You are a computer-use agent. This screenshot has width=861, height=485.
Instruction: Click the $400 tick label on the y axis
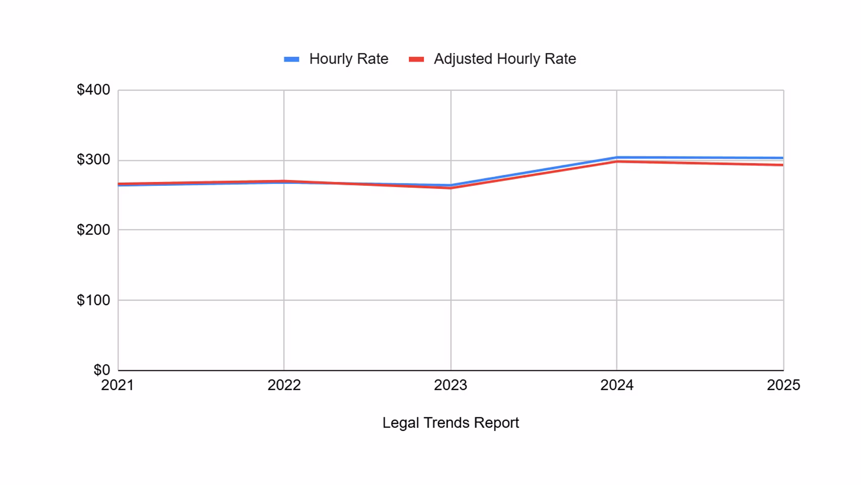pos(93,90)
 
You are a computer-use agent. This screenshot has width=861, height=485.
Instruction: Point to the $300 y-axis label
pos(93,160)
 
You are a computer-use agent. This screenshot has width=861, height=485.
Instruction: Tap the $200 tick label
pos(93,230)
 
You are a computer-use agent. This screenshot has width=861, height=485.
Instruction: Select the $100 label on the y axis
pos(93,300)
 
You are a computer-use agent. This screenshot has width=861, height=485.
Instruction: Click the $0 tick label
pos(101,370)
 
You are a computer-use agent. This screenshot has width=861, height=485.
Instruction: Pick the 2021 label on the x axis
pos(118,385)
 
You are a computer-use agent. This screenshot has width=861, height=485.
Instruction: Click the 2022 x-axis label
pos(284,385)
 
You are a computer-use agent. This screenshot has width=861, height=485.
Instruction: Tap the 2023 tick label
pos(451,385)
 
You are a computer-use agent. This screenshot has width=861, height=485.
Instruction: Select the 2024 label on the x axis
pos(617,385)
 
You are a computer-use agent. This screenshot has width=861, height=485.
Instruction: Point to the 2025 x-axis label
pos(783,385)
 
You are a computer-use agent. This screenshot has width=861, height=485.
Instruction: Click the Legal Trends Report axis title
pos(450,423)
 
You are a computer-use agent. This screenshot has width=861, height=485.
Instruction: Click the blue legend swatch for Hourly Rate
pos(292,59)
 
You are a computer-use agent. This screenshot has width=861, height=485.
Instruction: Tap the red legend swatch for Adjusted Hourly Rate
pos(416,59)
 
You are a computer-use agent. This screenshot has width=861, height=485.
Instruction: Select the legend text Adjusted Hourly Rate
pos(505,59)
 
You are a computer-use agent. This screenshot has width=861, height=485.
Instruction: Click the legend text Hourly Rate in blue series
pos(349,59)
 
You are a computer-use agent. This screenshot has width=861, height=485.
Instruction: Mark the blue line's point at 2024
pos(617,158)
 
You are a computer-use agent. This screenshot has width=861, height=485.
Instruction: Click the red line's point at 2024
pos(617,162)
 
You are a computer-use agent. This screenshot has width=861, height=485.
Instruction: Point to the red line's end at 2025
pos(782,165)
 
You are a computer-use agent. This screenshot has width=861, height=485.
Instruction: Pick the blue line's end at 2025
pos(782,158)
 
